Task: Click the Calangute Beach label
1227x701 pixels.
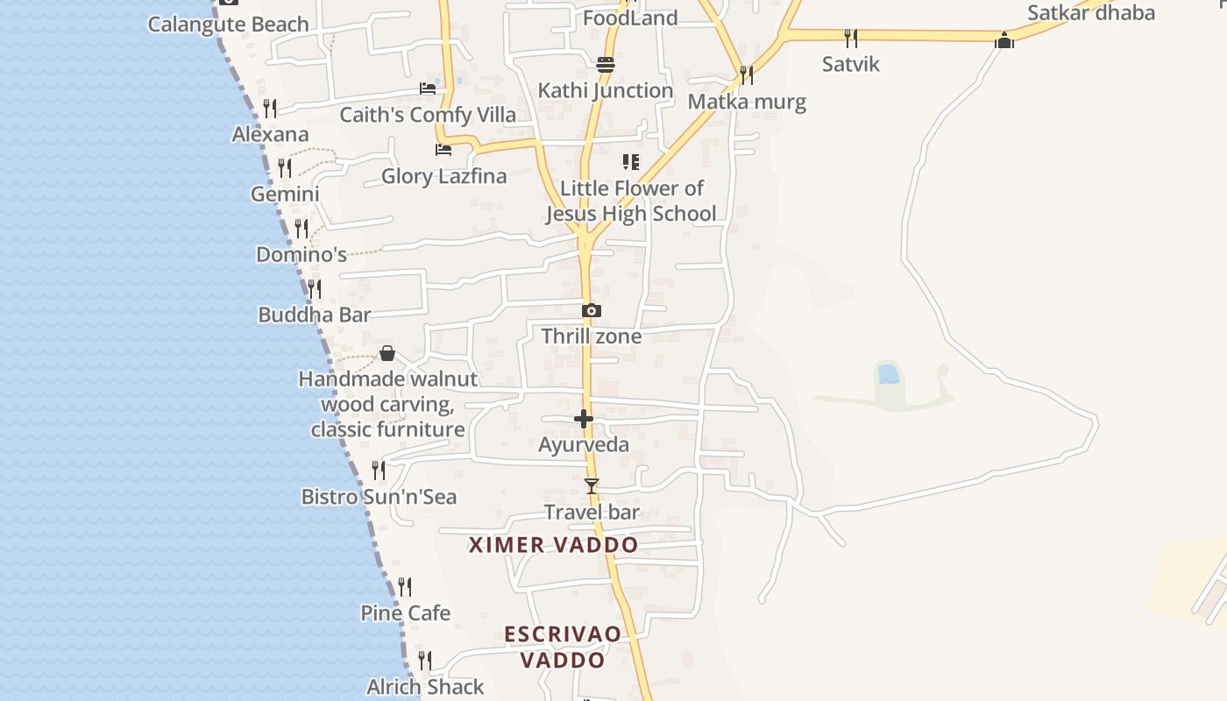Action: (228, 24)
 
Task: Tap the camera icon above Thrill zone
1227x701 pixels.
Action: (592, 310)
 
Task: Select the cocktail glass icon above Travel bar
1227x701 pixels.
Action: (592, 485)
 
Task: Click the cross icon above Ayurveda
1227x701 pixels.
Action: (584, 419)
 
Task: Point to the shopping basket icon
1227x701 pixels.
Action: (387, 353)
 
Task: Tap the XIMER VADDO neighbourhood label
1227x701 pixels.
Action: (553, 545)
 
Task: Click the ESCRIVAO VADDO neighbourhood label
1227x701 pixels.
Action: (563, 647)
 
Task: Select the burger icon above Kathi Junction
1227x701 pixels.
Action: (605, 64)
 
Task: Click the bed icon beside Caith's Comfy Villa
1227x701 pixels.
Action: (428, 89)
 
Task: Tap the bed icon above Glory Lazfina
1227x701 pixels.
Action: (443, 150)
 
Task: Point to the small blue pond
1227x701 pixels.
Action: (888, 374)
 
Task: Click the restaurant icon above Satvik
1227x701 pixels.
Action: (850, 38)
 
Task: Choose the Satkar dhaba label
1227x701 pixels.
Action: (1090, 13)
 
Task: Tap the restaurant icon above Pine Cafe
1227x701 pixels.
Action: (405, 586)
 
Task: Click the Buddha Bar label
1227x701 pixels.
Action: (315, 315)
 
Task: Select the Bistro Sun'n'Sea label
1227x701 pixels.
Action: (379, 497)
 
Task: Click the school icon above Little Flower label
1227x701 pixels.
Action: (630, 162)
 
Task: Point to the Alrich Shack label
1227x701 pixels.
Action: (425, 687)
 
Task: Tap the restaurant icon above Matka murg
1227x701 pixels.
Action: (746, 75)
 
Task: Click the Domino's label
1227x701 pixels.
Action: (301, 255)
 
